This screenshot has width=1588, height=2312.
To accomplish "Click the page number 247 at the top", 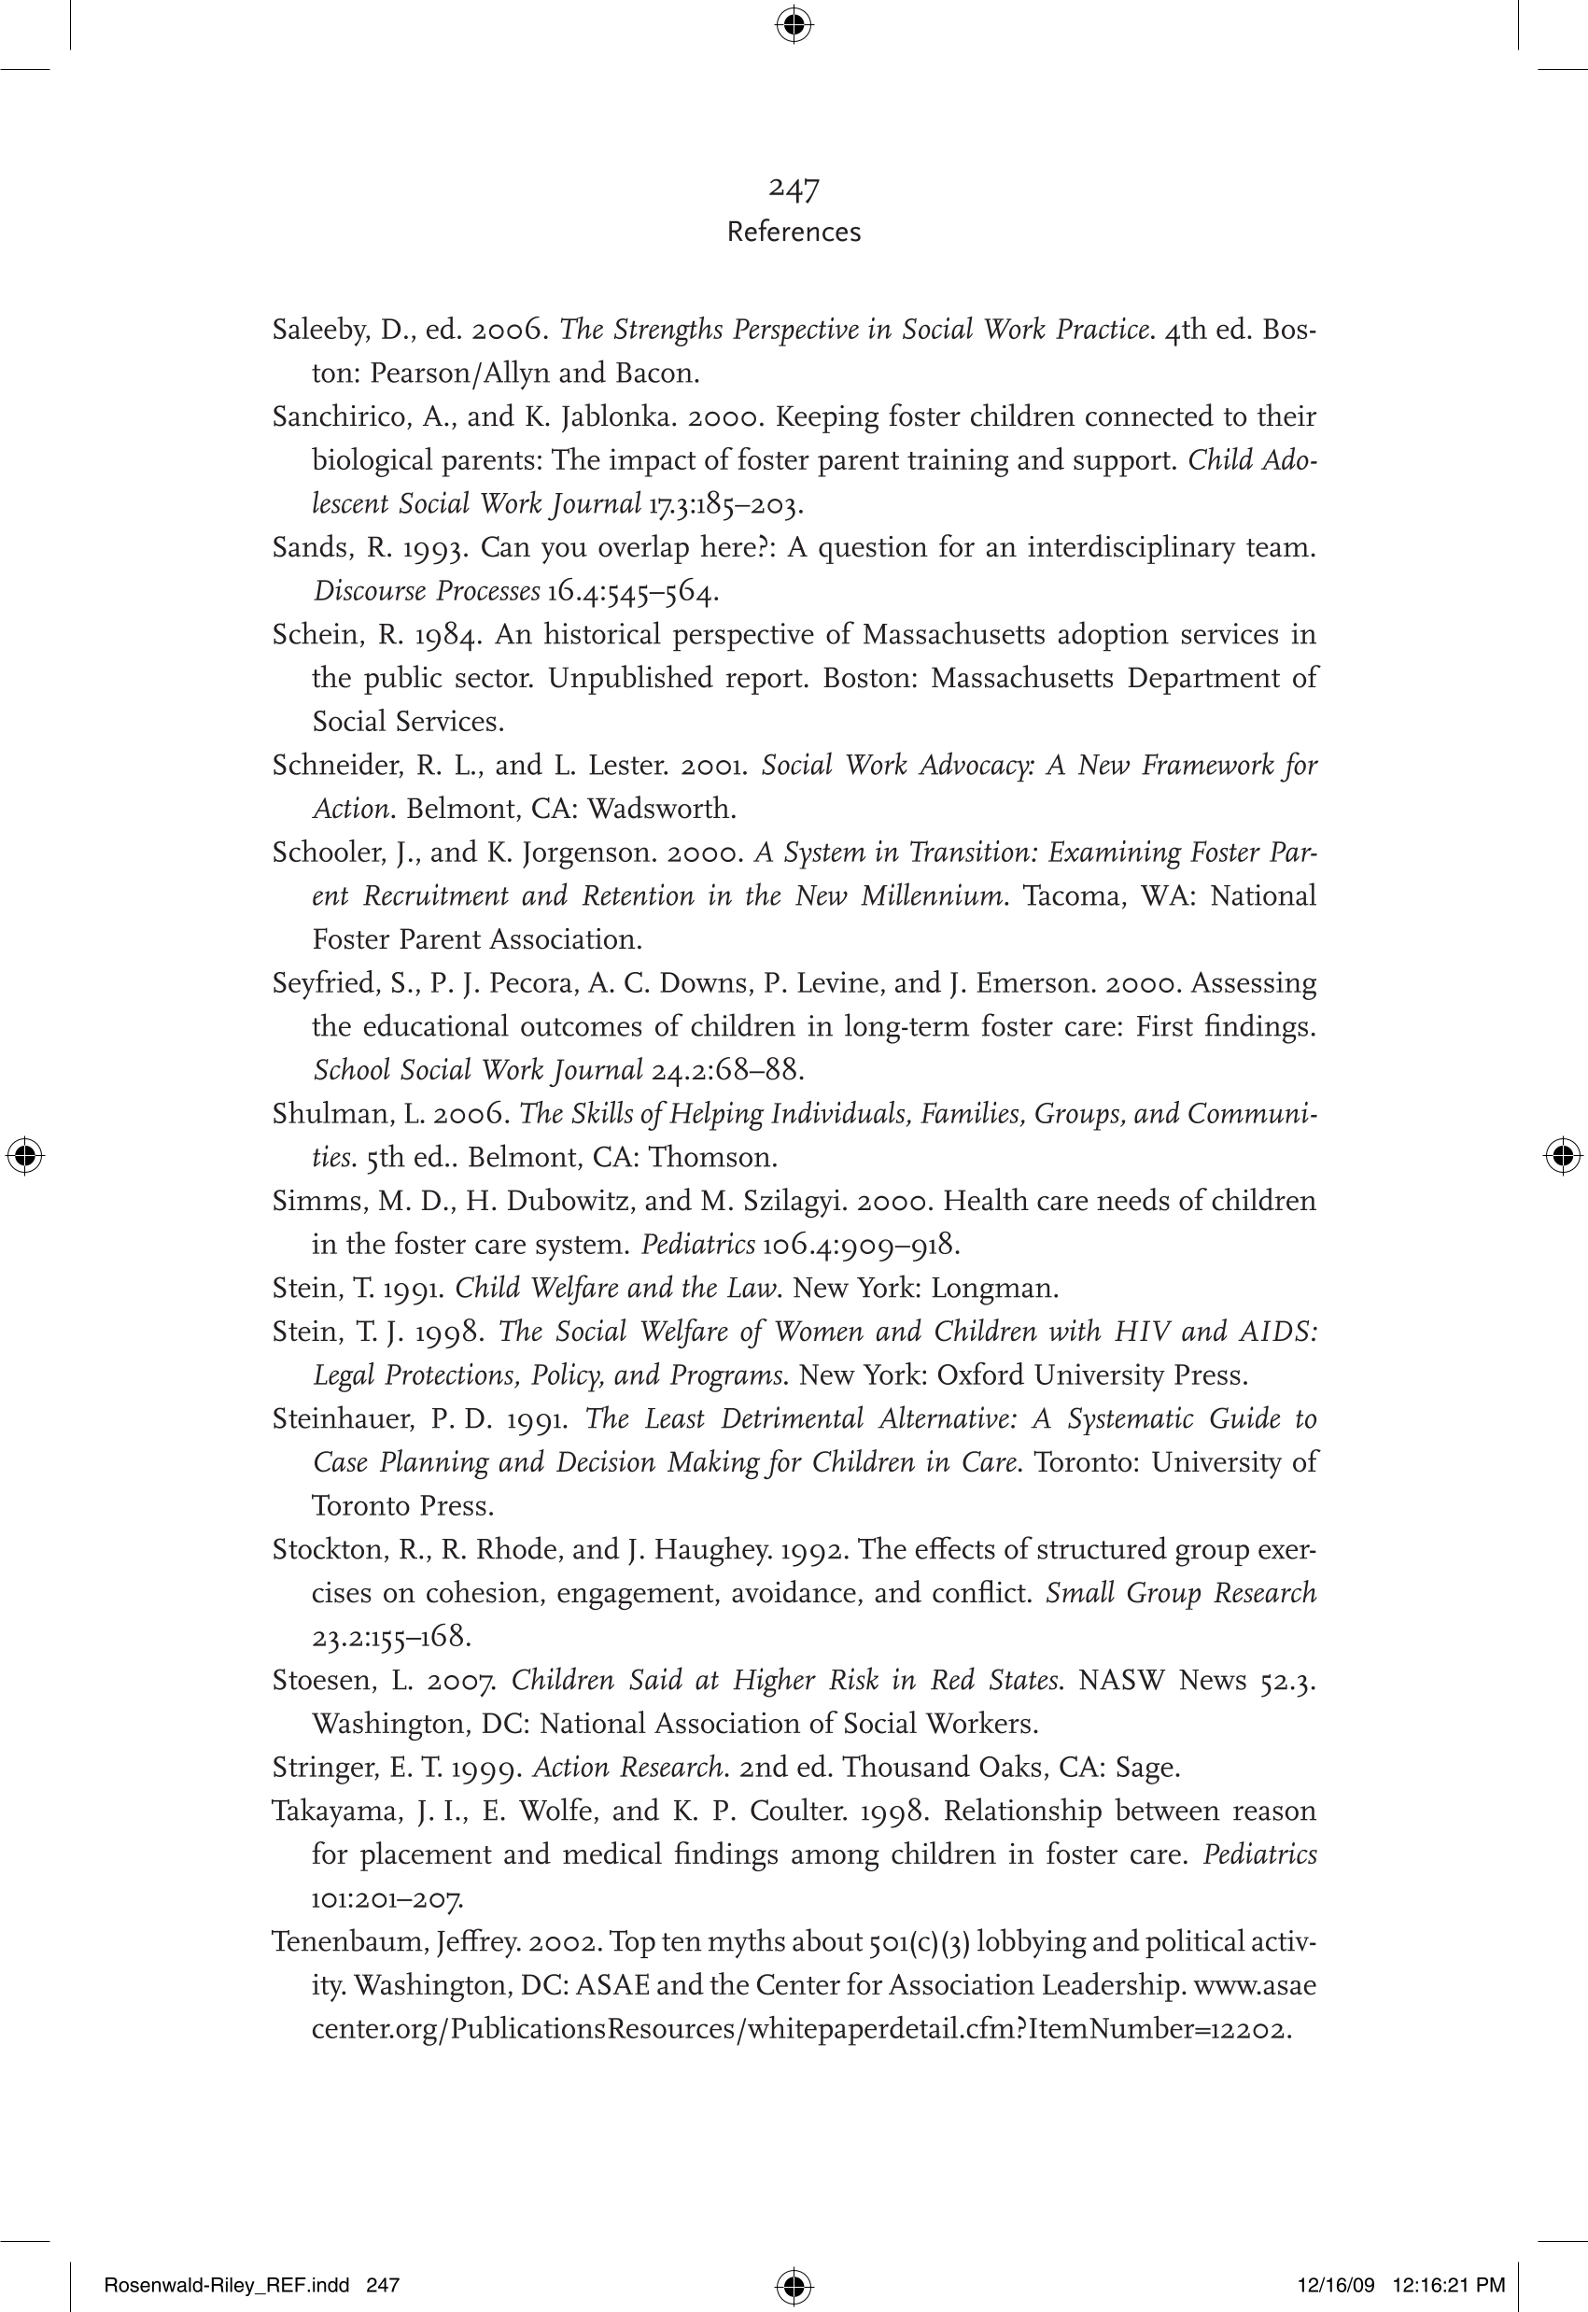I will click(793, 187).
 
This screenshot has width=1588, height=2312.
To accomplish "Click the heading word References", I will click(793, 232).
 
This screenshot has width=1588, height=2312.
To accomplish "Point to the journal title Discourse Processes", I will click(426, 592).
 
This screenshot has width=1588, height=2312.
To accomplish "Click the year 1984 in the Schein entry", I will click(448, 635).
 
